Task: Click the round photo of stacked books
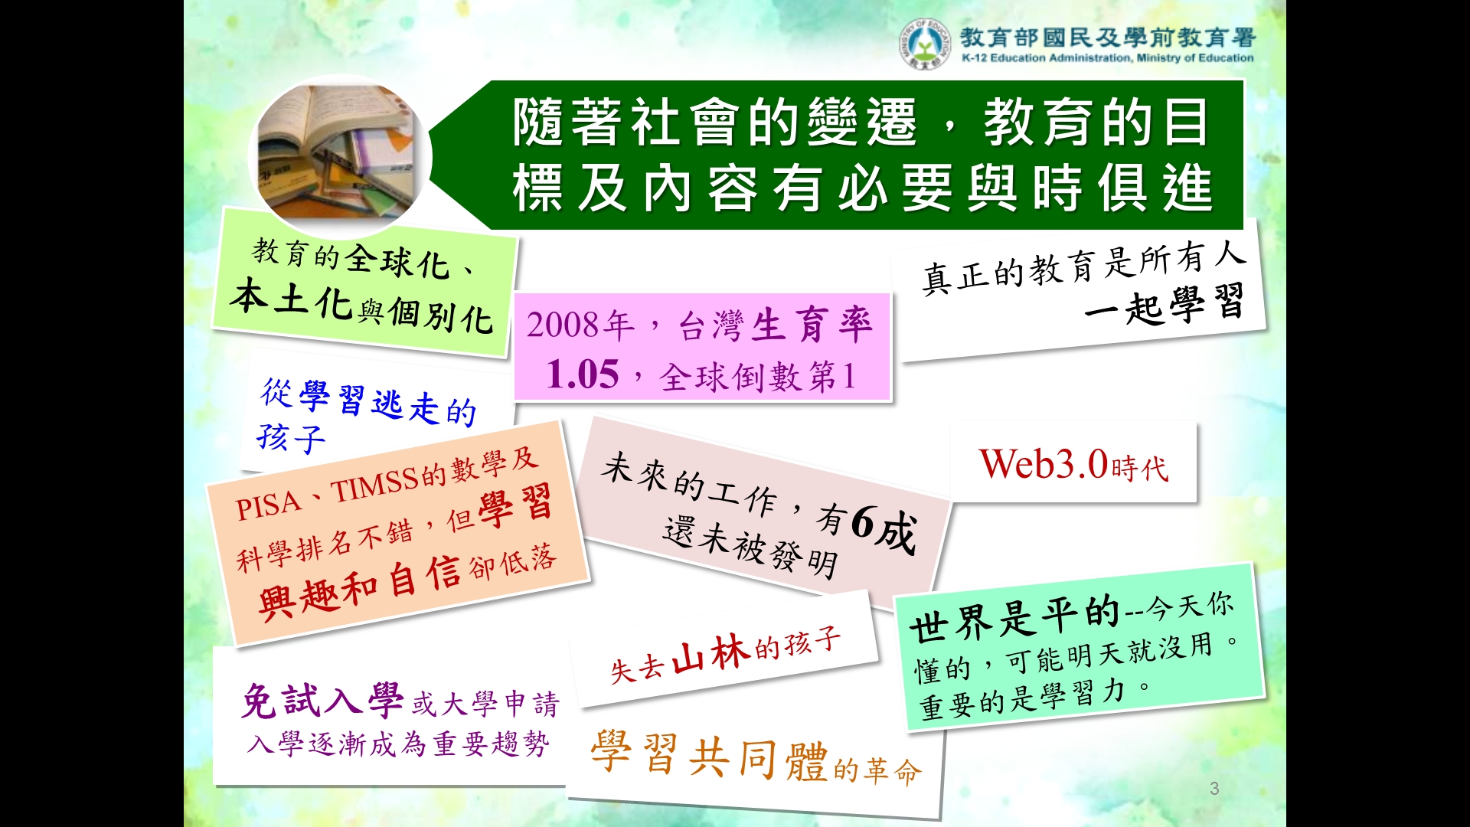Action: point(340,157)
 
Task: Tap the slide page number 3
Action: point(1214,788)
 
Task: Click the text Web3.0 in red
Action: point(1044,464)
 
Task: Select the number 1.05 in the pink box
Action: point(582,374)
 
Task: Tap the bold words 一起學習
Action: point(1163,305)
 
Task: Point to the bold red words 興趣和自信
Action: point(360,588)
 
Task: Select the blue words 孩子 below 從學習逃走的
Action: point(292,437)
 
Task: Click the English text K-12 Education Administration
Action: point(1047,57)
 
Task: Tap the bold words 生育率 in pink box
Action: point(812,325)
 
